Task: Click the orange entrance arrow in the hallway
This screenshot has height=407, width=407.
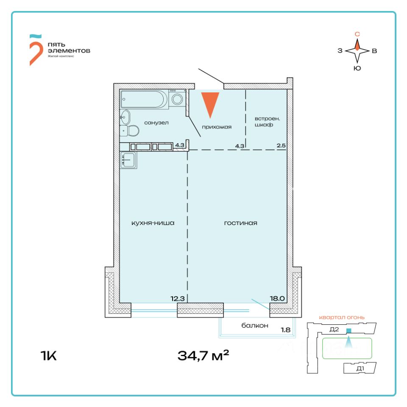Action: click(x=210, y=103)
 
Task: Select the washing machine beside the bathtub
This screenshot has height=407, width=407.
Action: click(x=178, y=99)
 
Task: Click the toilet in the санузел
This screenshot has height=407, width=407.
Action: click(x=132, y=131)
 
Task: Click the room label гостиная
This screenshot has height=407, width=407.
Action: click(x=241, y=223)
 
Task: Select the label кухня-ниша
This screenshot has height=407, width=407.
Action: click(x=153, y=223)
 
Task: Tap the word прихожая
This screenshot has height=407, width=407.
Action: click(x=217, y=126)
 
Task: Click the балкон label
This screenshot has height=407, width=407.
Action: click(x=255, y=326)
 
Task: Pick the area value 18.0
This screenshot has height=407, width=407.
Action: click(x=277, y=298)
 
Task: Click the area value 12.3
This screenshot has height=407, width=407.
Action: click(x=178, y=298)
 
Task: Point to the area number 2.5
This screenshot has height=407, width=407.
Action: click(x=281, y=146)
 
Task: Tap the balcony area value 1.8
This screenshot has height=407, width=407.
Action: click(x=286, y=329)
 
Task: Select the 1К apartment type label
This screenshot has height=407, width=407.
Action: click(x=48, y=355)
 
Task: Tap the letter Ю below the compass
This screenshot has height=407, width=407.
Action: click(x=357, y=68)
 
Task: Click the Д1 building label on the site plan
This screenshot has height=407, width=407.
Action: click(x=360, y=368)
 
